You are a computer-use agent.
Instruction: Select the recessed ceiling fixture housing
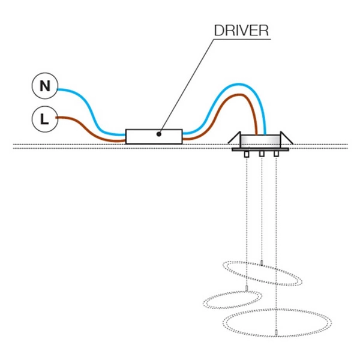coord(261,142)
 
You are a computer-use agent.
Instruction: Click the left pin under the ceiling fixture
coord(247,155)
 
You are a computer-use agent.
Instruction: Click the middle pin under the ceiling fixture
coord(262,155)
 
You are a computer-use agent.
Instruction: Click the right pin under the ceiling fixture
coord(276,155)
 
